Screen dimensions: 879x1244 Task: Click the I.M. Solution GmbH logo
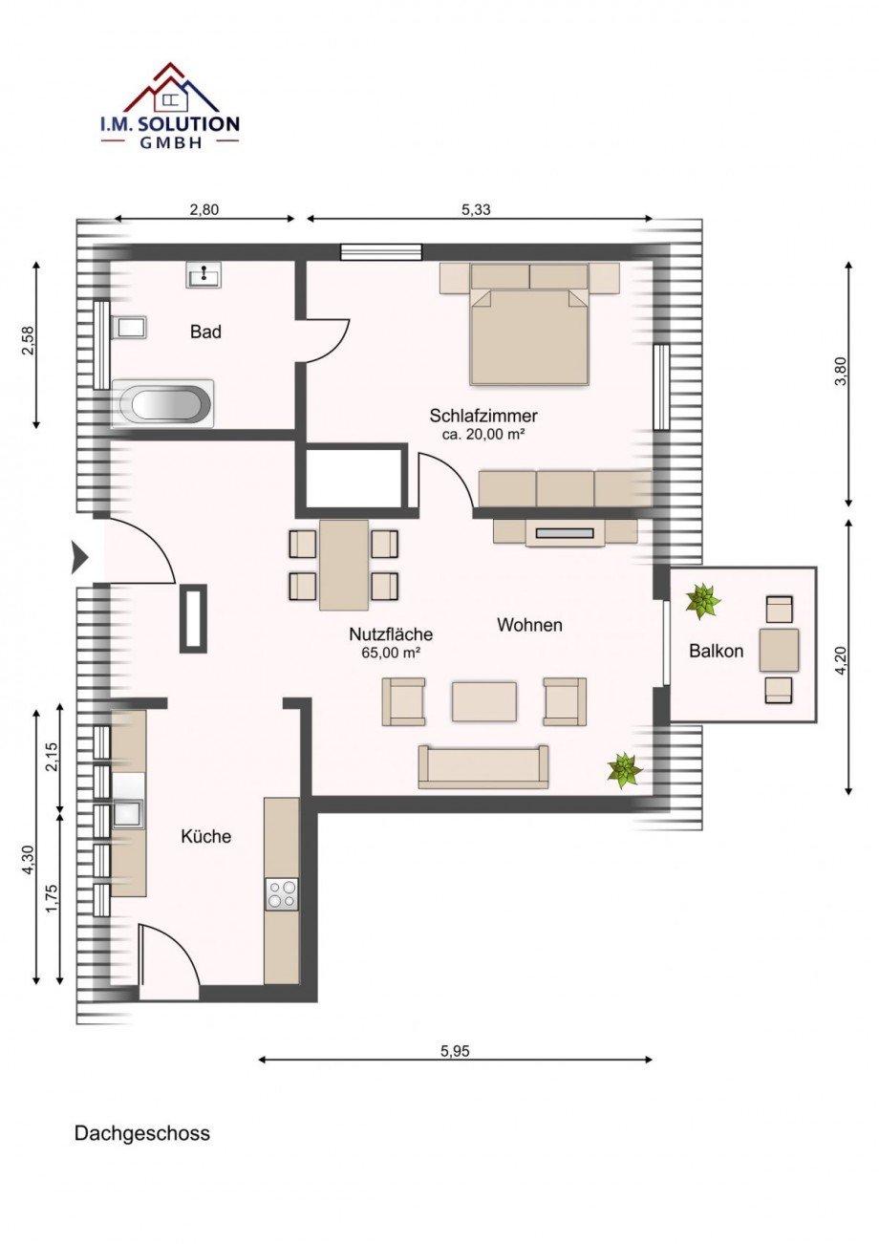tap(169, 105)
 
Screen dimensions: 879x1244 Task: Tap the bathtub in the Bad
tap(162, 404)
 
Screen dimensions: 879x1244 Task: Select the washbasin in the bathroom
tap(204, 275)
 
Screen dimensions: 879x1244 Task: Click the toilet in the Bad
tap(129, 327)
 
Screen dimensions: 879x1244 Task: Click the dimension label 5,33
tap(476, 209)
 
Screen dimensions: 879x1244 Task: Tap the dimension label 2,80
tap(204, 209)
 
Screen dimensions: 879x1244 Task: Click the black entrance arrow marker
tap(80, 557)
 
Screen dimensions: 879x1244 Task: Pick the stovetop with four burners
tap(282, 893)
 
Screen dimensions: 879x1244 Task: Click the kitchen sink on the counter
tap(128, 815)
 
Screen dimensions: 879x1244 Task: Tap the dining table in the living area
tap(344, 564)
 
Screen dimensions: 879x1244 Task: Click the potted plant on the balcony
tap(703, 601)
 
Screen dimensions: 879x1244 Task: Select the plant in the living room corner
tap(625, 770)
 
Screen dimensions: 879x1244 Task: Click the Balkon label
tap(716, 651)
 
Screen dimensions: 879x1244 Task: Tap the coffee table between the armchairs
tap(484, 702)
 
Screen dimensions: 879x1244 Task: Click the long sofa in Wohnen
tap(483, 767)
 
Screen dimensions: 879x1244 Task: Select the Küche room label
tap(206, 836)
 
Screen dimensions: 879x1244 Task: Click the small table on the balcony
tap(779, 650)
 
